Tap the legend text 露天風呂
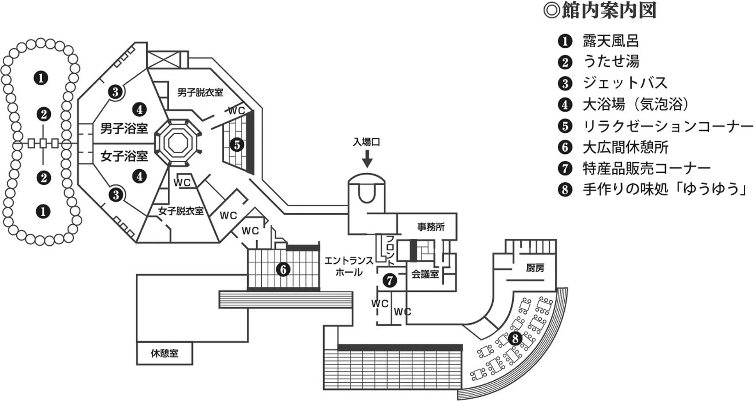pos(611,41)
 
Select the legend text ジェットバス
pos(625,83)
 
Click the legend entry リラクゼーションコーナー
pos(668,126)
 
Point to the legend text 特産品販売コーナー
pos(646,169)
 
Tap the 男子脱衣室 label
pos(200,92)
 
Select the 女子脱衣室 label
pos(181,211)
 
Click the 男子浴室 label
pos(124,128)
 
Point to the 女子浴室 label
pos(124,156)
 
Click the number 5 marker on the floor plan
pos(237,145)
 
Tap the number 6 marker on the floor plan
pos(283,269)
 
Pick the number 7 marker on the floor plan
pos(390,280)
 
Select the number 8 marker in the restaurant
pos(515,338)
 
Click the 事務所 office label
pos(431,227)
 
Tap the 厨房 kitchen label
pos(535,268)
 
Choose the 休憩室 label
pos(164,353)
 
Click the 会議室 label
pos(425,274)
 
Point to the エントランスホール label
pos(349,266)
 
